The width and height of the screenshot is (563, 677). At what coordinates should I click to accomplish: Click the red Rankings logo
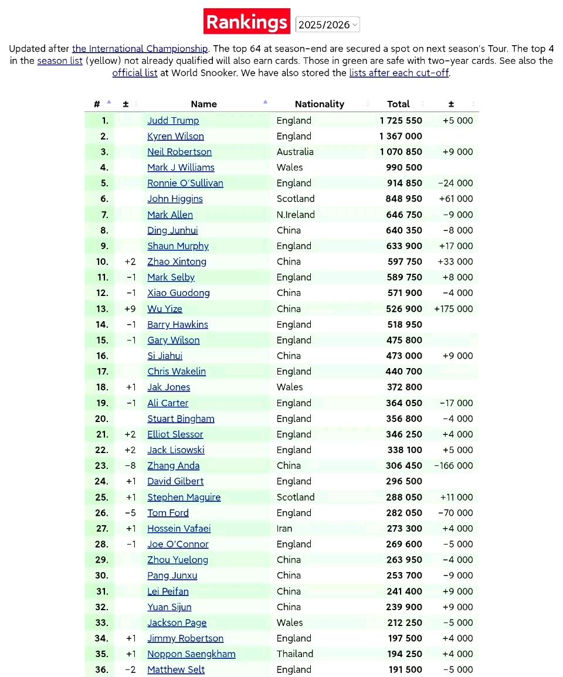(247, 22)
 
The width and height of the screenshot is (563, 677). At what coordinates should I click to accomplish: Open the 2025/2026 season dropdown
(327, 25)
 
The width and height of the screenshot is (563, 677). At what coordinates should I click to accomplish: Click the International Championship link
(140, 49)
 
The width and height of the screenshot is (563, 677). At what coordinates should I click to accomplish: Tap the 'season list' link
(60, 61)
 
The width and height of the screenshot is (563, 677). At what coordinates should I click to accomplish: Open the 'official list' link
(135, 73)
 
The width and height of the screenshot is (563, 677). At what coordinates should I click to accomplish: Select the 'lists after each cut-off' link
(399, 73)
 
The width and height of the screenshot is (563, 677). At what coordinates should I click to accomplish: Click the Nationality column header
(319, 104)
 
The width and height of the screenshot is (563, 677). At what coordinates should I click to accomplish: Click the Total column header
(398, 104)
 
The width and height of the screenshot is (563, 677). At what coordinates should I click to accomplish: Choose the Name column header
(204, 104)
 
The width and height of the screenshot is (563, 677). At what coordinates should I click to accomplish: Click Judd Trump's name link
(173, 120)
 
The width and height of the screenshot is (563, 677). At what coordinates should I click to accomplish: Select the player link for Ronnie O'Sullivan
(185, 183)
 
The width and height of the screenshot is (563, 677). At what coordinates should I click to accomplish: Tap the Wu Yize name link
(164, 309)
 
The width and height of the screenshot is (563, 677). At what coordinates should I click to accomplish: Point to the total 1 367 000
(401, 136)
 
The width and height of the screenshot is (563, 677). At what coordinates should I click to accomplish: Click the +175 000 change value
(453, 309)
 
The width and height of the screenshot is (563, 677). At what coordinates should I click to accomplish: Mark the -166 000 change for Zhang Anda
(453, 465)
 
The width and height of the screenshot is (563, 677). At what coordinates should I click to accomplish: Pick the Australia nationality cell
(295, 152)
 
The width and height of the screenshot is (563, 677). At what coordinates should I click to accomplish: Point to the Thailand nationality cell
(295, 654)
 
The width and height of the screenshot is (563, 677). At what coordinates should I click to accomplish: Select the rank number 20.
(101, 419)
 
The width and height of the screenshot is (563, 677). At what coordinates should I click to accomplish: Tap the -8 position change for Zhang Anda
(130, 465)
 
